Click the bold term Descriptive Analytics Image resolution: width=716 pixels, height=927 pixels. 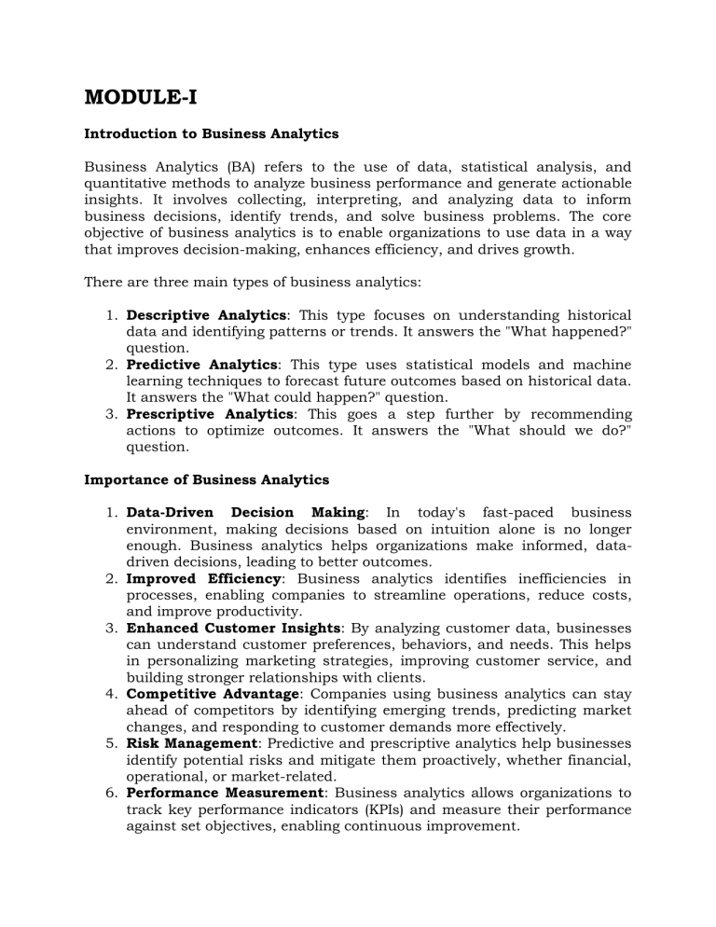[206, 316]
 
